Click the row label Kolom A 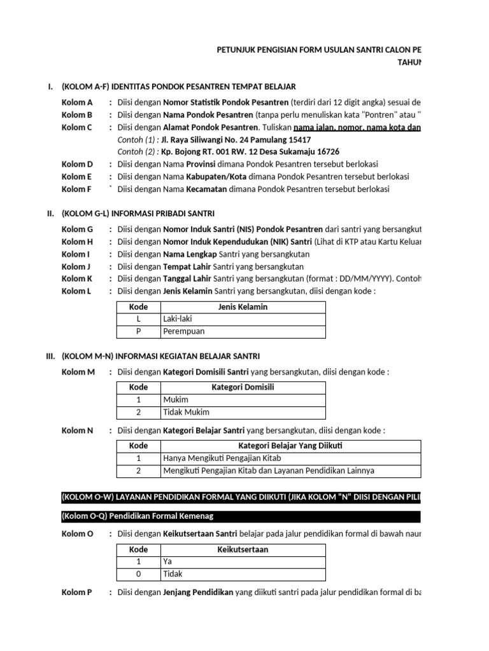point(77,102)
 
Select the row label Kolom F point(76,189)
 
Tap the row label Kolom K point(77,278)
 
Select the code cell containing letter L point(138,319)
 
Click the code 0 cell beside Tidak point(138,574)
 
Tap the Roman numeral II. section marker point(50,214)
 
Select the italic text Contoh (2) point(138,152)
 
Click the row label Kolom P point(76,593)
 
